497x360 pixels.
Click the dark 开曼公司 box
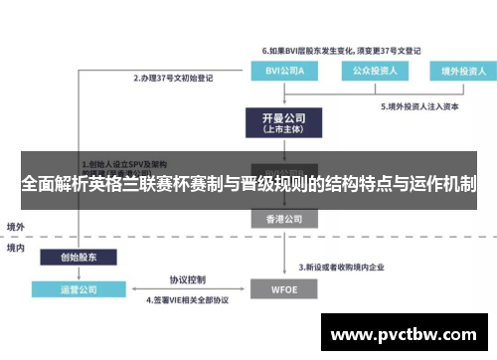pyautogui.click(x=279, y=121)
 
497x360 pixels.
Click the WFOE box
pyautogui.click(x=279, y=289)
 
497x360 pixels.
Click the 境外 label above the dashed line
pyautogui.click(x=16, y=226)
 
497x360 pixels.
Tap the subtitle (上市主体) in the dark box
pyautogui.click(x=279, y=129)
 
